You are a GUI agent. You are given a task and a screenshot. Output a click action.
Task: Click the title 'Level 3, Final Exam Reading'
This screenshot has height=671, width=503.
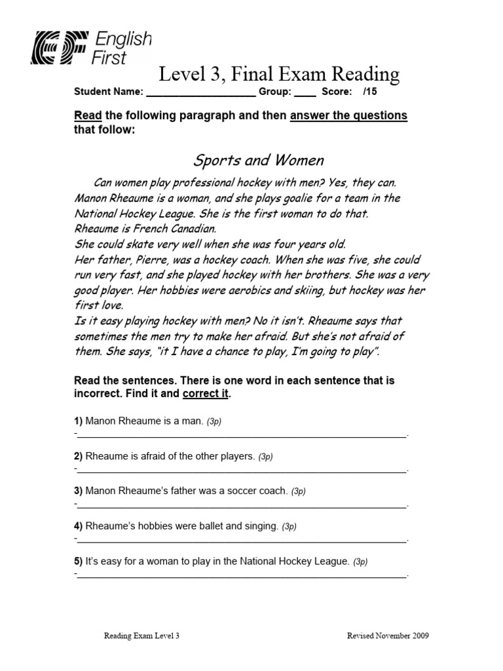pos(280,74)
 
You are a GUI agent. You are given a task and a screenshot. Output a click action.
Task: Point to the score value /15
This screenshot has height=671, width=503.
pos(370,92)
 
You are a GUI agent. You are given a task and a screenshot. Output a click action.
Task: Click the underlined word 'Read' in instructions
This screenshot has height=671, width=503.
pos(88,116)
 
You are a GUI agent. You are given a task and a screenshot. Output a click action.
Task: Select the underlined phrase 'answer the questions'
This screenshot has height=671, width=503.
pos(348,116)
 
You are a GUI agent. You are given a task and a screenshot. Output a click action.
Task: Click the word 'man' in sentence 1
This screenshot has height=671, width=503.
pos(192,421)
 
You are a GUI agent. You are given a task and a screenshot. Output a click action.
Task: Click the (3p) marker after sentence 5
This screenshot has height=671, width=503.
pos(360,562)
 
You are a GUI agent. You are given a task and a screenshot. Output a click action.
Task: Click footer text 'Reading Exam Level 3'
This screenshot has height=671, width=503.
pos(142,636)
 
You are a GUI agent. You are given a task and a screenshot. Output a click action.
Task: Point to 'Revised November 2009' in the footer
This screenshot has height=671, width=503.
pos(388,636)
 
